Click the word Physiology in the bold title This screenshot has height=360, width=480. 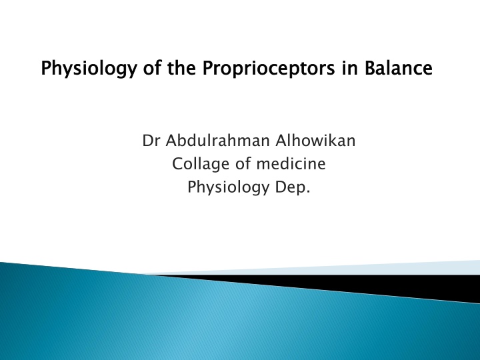coord(89,68)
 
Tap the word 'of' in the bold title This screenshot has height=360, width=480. coord(152,67)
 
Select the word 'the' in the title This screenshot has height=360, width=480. coord(181,67)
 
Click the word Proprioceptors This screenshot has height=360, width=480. coord(269,68)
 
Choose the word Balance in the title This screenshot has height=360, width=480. coord(398,67)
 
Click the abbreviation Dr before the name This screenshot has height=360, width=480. coord(151,141)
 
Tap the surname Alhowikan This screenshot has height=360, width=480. coord(315,141)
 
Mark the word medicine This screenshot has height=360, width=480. coord(291,163)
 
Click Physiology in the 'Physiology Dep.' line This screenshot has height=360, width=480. coord(229,187)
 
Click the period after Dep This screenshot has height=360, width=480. coord(308,192)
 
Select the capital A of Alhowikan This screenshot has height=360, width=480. coord(281,141)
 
